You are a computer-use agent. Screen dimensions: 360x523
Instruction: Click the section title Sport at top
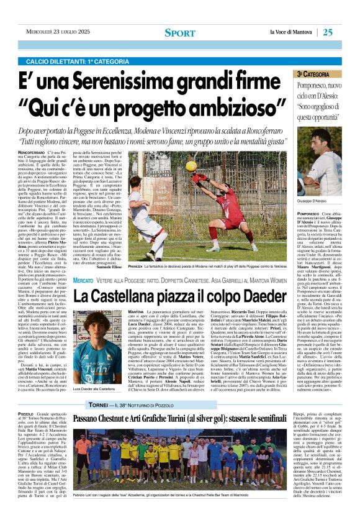pos(179,33)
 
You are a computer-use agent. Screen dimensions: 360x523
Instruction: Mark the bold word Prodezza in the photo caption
pos(138,264)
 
